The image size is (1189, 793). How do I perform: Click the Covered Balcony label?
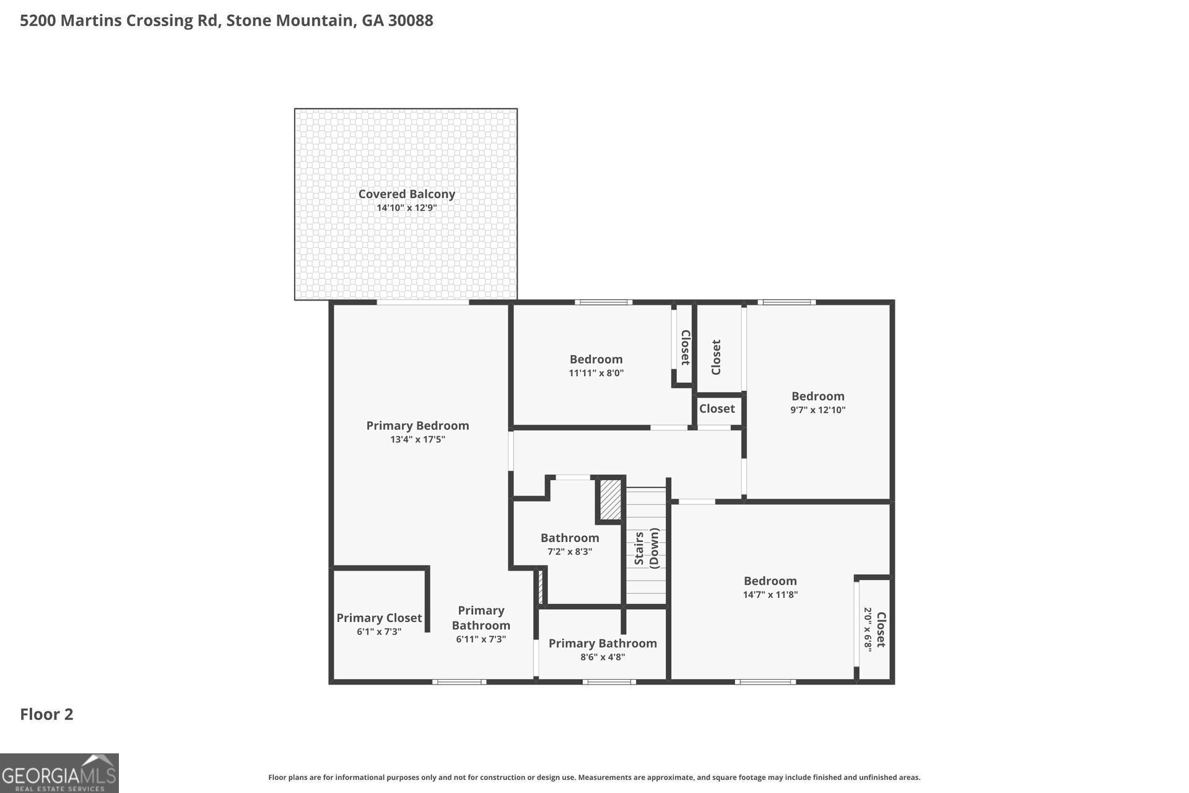click(x=406, y=194)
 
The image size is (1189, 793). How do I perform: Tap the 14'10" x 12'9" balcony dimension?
click(x=407, y=208)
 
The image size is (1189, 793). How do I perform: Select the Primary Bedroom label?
click(x=417, y=426)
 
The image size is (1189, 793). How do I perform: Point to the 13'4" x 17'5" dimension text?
click(x=417, y=440)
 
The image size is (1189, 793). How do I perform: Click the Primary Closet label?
click(x=379, y=618)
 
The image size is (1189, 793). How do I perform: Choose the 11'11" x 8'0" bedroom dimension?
click(x=596, y=373)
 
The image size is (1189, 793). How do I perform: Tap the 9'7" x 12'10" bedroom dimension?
click(x=817, y=410)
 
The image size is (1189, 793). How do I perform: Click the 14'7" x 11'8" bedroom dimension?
click(x=770, y=595)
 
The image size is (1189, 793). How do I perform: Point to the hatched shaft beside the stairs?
click(x=611, y=499)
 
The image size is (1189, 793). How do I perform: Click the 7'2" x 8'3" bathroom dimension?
click(x=570, y=552)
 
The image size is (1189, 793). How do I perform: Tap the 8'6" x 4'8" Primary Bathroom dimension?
click(x=603, y=657)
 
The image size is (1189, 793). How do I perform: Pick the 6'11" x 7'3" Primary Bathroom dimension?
click(x=481, y=639)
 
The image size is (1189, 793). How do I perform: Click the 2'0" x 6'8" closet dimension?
click(x=868, y=628)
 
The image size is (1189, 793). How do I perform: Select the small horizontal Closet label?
click(x=717, y=409)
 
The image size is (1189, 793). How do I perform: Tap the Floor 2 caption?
click(x=46, y=714)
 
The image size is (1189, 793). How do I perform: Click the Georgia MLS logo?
click(x=59, y=773)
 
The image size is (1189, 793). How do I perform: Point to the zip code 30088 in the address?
click(x=411, y=20)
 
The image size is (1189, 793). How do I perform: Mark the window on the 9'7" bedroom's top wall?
click(x=786, y=302)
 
